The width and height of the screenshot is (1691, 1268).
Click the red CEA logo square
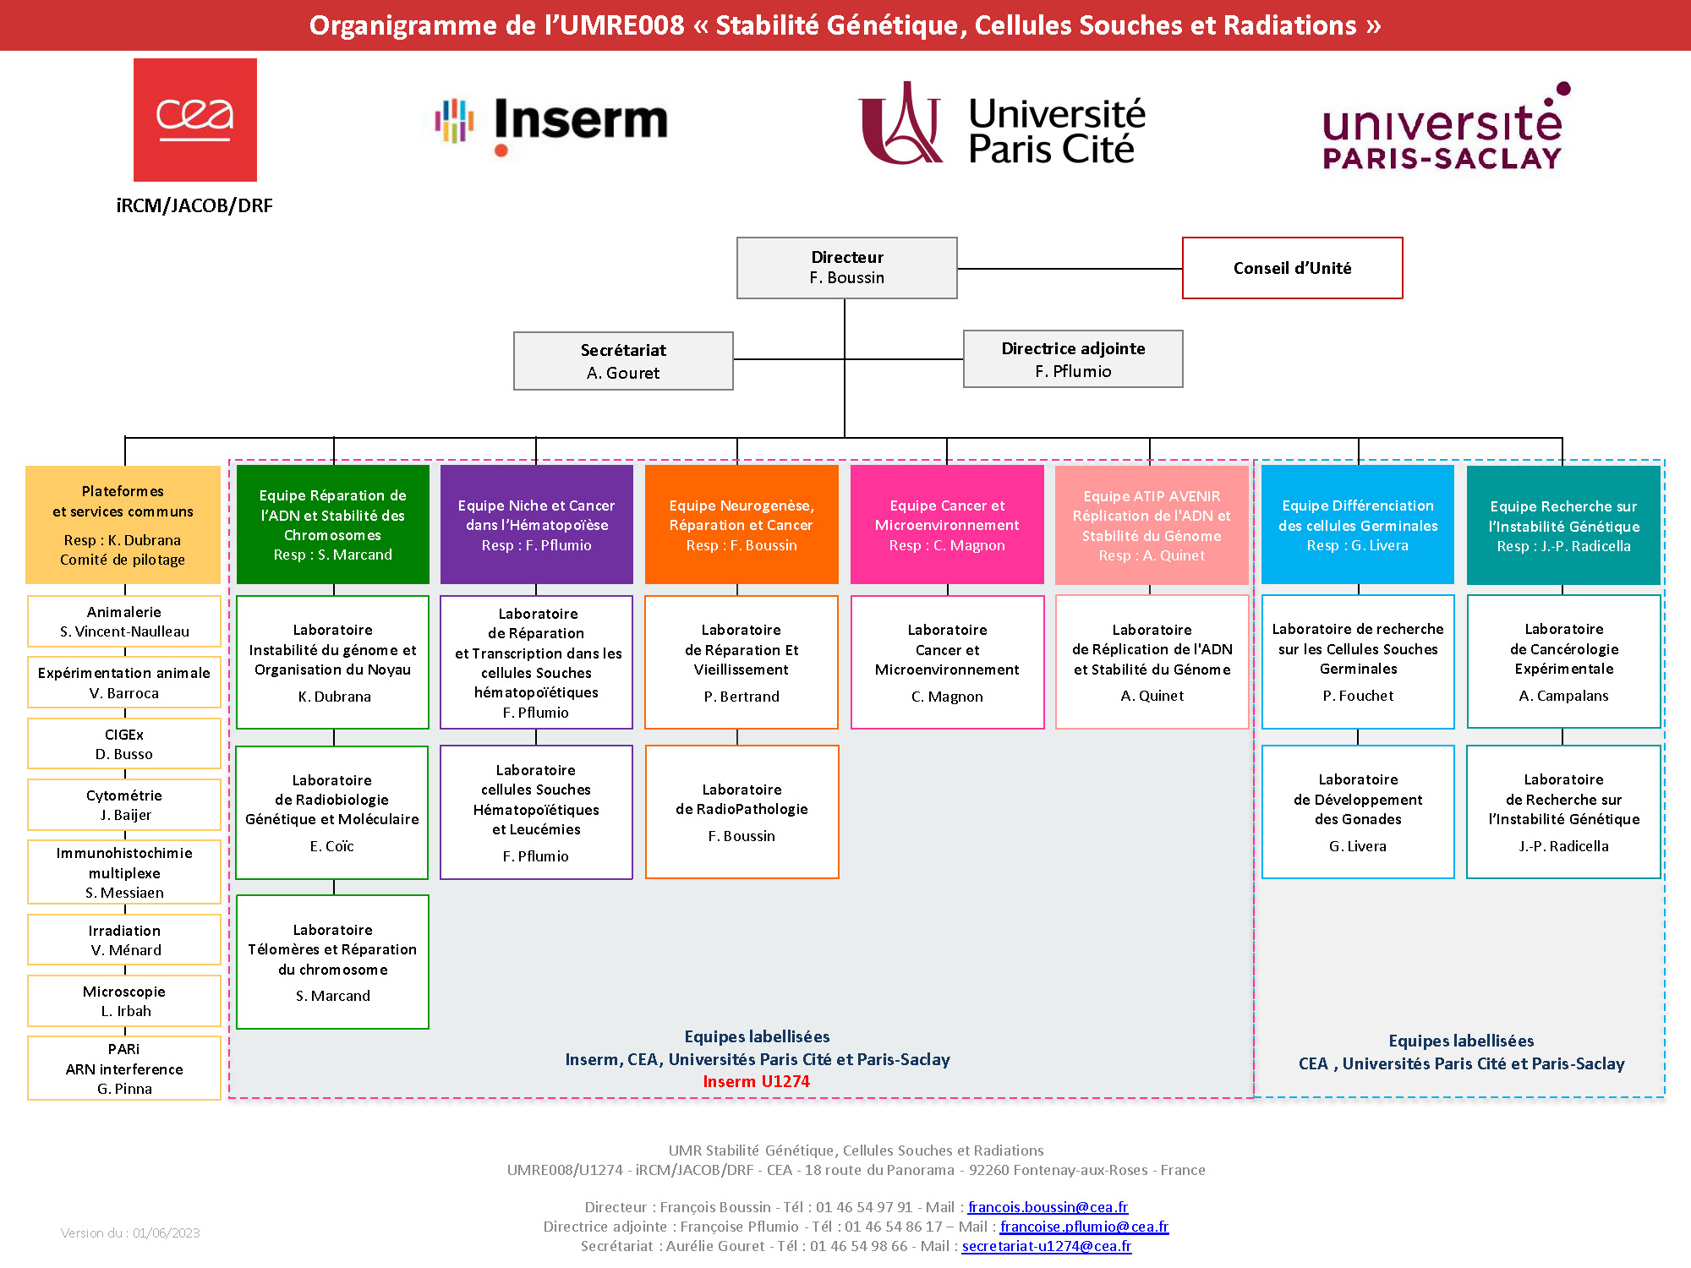pyautogui.click(x=195, y=120)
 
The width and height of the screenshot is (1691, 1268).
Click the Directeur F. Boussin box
pyautogui.click(x=846, y=268)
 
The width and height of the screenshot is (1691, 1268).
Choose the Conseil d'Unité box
pyautogui.click(x=1292, y=268)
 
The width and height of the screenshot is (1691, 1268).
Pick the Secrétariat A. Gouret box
pyautogui.click(x=623, y=361)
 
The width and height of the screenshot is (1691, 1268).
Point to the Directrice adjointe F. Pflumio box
pyautogui.click(x=1073, y=359)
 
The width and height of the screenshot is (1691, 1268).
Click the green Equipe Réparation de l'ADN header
pyautogui.click(x=332, y=524)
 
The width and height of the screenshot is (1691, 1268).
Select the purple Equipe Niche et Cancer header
pyautogui.click(x=536, y=524)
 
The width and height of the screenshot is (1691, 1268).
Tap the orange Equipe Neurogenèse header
pyautogui.click(x=741, y=524)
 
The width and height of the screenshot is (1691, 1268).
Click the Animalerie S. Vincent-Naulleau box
pyautogui.click(x=124, y=621)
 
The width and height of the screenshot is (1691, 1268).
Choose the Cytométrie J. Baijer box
pyautogui.click(x=124, y=805)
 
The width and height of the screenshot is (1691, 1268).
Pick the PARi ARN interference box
pyautogui.click(x=124, y=1069)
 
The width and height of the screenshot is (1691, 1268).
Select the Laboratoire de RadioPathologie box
pyautogui.click(x=742, y=812)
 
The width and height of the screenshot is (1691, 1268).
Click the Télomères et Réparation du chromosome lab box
pyautogui.click(x=332, y=962)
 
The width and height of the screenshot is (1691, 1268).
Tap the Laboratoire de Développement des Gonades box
pyautogui.click(x=1358, y=812)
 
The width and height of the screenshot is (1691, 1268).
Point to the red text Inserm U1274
pyautogui.click(x=756, y=1081)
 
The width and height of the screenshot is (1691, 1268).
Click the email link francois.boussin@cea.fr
pyautogui.click(x=1048, y=1207)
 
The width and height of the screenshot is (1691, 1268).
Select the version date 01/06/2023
pyautogui.click(x=167, y=1233)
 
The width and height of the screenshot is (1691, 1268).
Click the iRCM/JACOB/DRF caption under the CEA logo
pyautogui.click(x=194, y=205)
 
